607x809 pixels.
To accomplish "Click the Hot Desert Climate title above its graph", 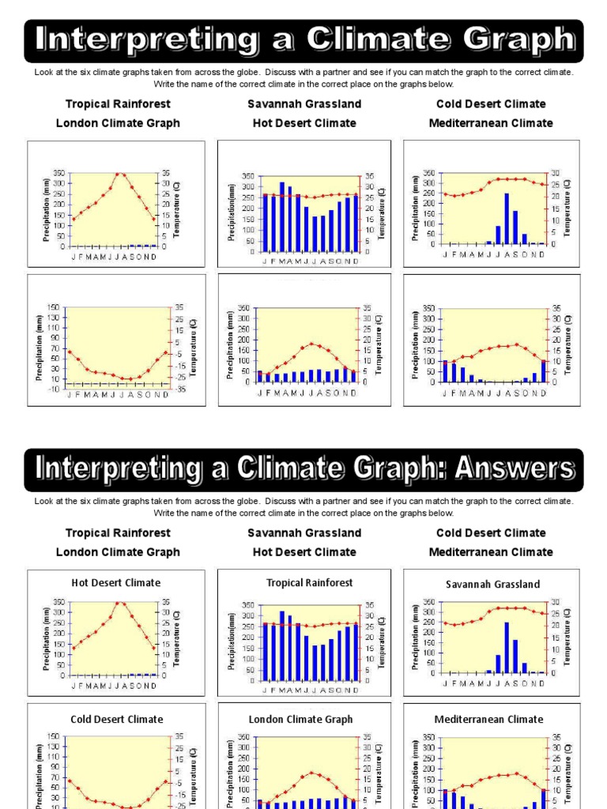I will pos(115,583).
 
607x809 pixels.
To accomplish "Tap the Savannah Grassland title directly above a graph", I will pos(492,585).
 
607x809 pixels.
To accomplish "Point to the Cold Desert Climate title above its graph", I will pos(116,720).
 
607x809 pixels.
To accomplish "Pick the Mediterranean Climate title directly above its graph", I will pos(488,720).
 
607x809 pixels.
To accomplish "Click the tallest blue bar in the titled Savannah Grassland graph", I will pos(507,646).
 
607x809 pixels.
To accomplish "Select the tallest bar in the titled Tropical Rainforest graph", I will pos(281,645).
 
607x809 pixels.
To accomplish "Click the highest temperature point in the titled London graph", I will pos(312,773).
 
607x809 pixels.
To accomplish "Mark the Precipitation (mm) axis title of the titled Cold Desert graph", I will pos(38,770).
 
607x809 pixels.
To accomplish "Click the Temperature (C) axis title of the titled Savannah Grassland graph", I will pos(567,638).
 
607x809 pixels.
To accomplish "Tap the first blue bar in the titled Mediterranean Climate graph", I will pos(445,798).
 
